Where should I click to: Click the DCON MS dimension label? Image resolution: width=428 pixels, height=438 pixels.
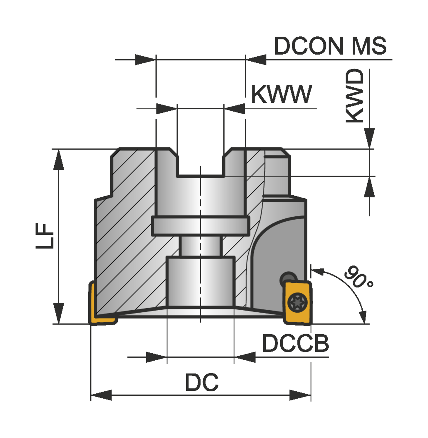tap(330, 46)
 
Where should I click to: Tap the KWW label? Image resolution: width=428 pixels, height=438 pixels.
tap(281, 94)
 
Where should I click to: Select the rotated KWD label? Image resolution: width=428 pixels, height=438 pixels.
tap(355, 96)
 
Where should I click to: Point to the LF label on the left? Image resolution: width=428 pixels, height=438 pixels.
tap(45, 236)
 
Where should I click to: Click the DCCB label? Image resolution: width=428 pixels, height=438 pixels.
tap(295, 343)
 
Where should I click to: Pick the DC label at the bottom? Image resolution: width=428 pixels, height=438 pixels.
tap(202, 382)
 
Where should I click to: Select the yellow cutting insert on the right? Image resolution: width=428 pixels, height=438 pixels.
tap(298, 303)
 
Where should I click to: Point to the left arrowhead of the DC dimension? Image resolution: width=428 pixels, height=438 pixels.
tap(101, 395)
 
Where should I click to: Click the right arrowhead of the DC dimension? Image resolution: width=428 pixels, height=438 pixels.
tap(300, 395)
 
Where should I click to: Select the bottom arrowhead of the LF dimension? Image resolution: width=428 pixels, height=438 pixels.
tap(59, 313)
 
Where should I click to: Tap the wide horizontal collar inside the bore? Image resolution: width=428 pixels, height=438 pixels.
tap(201, 226)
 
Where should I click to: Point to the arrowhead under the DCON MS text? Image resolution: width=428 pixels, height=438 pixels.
tap(256, 60)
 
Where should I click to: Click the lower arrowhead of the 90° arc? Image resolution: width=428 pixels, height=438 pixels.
tap(363, 317)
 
